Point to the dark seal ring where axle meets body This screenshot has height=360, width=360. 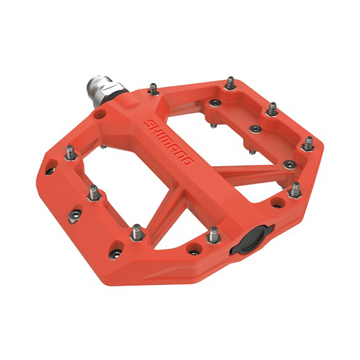tap(123, 94)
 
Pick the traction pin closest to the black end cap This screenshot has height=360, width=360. tap(215, 235)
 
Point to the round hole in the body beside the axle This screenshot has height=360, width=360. tap(99, 116)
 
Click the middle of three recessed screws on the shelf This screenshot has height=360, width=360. tap(255, 129)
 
